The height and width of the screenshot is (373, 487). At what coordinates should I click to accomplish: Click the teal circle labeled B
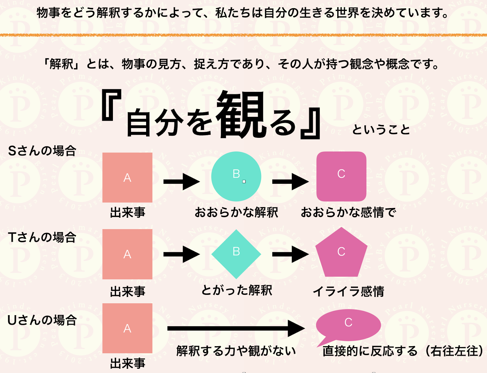pyautogui.click(x=236, y=176)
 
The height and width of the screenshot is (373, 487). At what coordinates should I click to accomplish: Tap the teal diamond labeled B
pyautogui.click(x=236, y=254)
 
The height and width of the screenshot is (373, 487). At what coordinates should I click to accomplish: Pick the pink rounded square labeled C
pyautogui.click(x=341, y=176)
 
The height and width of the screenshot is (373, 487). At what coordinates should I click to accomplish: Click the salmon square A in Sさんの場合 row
pyautogui.click(x=127, y=177)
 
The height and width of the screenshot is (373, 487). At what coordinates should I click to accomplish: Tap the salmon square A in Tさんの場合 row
pyautogui.click(x=127, y=254)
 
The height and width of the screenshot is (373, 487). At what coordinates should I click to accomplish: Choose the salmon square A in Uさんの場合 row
pyautogui.click(x=127, y=328)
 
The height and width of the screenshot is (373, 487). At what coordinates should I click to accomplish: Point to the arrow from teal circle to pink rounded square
pyautogui.click(x=290, y=182)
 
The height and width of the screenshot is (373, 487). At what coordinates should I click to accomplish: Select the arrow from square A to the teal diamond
pyautogui.click(x=181, y=254)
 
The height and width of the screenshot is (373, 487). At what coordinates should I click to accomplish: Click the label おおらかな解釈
pyautogui.click(x=236, y=212)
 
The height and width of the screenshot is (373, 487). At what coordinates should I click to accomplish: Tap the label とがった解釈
pyautogui.click(x=236, y=290)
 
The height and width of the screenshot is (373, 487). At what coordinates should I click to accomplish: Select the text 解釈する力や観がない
pyautogui.click(x=236, y=351)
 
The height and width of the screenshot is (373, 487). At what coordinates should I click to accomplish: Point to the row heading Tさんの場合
pyautogui.click(x=42, y=237)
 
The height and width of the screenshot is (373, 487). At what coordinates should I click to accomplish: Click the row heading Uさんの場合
pyautogui.click(x=42, y=320)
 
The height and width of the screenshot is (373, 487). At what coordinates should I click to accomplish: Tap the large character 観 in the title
pyautogui.click(x=240, y=115)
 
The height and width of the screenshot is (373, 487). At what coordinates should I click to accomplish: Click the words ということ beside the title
pyautogui.click(x=381, y=130)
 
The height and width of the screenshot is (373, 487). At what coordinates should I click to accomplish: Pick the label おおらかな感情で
pyautogui.click(x=348, y=212)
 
